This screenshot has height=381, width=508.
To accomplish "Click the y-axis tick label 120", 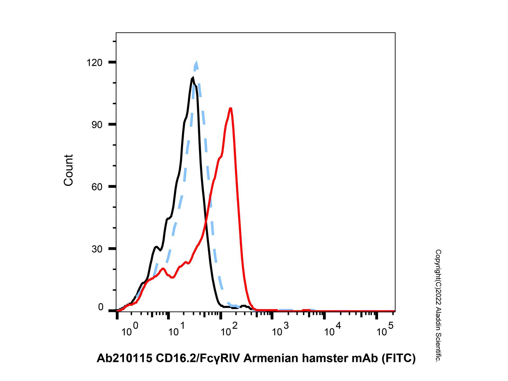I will tap(94, 63).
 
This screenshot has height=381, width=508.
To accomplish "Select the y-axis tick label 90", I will tap(97, 125).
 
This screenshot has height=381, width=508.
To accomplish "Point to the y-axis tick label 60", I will tap(97, 187).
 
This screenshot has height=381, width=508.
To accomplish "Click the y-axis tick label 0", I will tap(101, 307).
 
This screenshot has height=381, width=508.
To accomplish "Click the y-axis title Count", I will tap(69, 170).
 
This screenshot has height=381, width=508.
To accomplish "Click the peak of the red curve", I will tap(231, 108).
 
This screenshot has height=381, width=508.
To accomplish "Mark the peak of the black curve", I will tap(193, 78).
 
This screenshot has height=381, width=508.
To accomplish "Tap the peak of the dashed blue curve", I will tap(196, 62).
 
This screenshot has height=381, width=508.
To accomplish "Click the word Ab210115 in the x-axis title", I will tap(124, 358).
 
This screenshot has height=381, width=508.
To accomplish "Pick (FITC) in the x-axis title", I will tap(399, 358).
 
